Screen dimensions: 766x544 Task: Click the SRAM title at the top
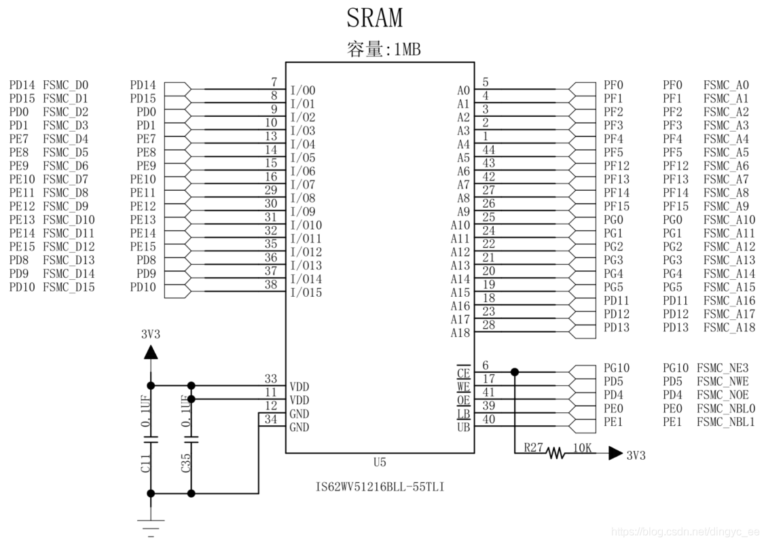pyautogui.click(x=375, y=18)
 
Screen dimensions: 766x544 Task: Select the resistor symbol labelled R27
pyautogui.click(x=555, y=453)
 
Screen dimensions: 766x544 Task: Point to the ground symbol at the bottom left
pyautogui.click(x=151, y=528)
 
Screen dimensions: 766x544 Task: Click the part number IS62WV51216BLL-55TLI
pyautogui.click(x=380, y=487)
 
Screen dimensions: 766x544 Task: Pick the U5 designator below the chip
pyautogui.click(x=380, y=462)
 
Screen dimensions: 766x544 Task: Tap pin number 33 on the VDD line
pyautogui.click(x=271, y=379)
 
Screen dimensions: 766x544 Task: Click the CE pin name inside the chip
pyautogui.click(x=463, y=373)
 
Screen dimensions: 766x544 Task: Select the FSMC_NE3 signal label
pyautogui.click(x=723, y=367)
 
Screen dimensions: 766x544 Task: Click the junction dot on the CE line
pyautogui.click(x=515, y=372)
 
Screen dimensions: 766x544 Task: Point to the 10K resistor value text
pyautogui.click(x=583, y=448)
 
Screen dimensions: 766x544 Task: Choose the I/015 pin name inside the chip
pyautogui.click(x=306, y=292)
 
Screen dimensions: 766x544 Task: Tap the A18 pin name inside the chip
pyautogui.click(x=460, y=333)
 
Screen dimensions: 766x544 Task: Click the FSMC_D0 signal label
pyautogui.click(x=65, y=85)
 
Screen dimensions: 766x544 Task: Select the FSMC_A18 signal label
pyautogui.click(x=729, y=327)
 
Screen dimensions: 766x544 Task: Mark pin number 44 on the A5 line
pyautogui.click(x=488, y=149)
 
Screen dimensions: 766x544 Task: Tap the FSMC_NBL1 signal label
pyautogui.click(x=726, y=421)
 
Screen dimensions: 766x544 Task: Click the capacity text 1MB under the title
pyautogui.click(x=407, y=50)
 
